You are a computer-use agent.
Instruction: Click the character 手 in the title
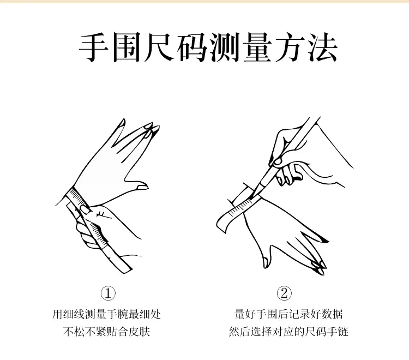pyautogui.click(x=94, y=48)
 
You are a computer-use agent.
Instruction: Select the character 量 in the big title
pyautogui.click(x=257, y=48)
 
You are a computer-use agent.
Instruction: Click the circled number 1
pyautogui.click(x=108, y=293)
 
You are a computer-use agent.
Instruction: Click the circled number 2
pyautogui.click(x=284, y=293)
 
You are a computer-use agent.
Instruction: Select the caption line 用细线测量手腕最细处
pyautogui.click(x=106, y=314)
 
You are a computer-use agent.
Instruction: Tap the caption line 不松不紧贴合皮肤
pyautogui.click(x=106, y=332)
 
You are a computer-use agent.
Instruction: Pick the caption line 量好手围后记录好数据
pyautogui.click(x=288, y=314)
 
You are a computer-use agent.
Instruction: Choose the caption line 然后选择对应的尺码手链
pyautogui.click(x=288, y=332)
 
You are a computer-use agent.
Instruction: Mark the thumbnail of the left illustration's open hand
pyautogui.click(x=142, y=187)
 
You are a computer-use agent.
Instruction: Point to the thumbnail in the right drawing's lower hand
pyautogui.click(x=265, y=262)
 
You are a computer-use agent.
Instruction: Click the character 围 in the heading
pyautogui.click(x=127, y=48)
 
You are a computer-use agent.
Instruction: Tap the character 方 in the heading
pyautogui.click(x=290, y=48)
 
